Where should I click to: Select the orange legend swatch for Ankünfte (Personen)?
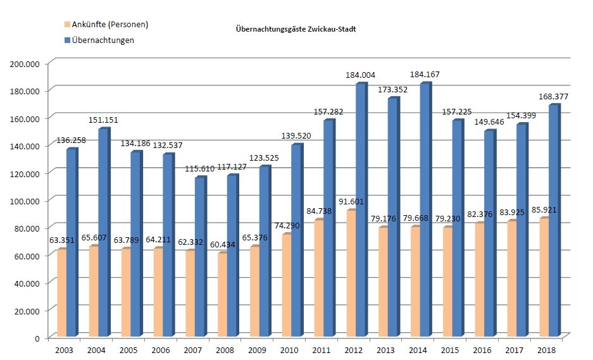[x=68, y=25]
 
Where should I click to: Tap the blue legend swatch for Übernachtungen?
[x=68, y=39]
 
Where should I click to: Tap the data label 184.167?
[x=425, y=75]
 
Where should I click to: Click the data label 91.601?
[x=359, y=202]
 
